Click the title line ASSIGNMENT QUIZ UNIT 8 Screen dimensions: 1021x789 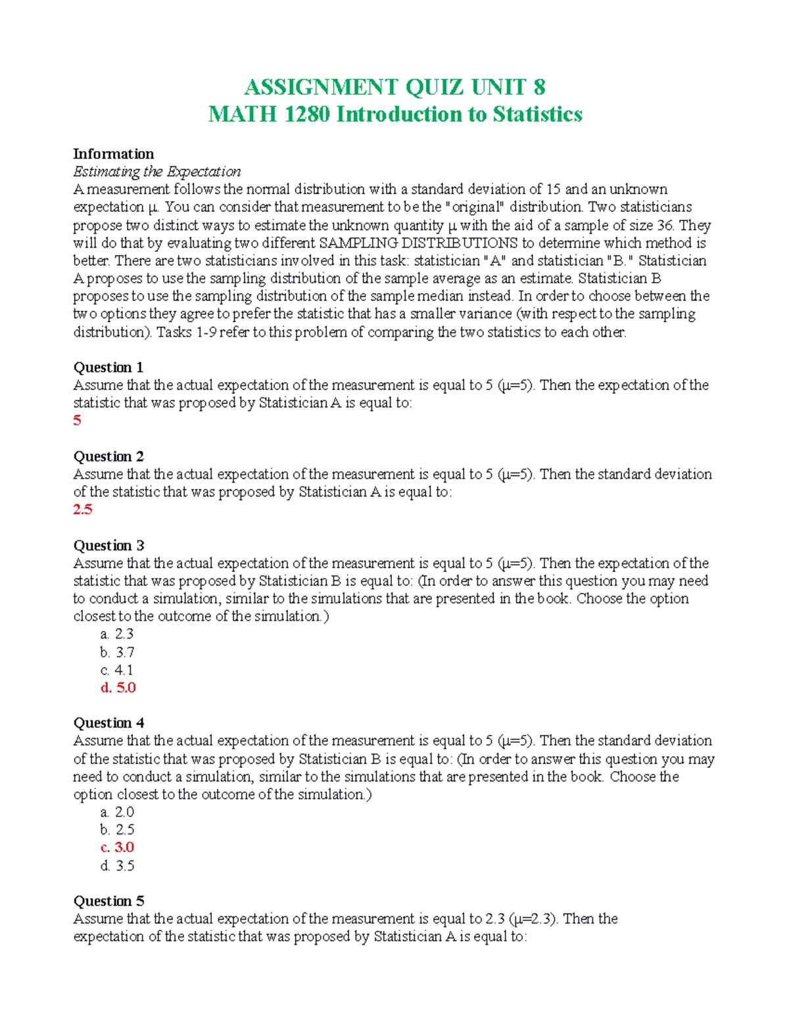pos(394,87)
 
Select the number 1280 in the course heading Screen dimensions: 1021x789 pos(307,114)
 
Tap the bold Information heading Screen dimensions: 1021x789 pos(113,154)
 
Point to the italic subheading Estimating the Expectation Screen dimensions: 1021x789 pos(156,172)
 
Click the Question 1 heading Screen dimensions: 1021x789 pos(108,367)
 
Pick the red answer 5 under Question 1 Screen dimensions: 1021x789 pos(77,420)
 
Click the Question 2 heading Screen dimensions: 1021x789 pos(108,456)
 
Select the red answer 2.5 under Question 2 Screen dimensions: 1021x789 pos(83,510)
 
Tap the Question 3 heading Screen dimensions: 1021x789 pos(108,545)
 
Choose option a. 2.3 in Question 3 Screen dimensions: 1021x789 pos(117,634)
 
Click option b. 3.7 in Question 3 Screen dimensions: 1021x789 pos(117,652)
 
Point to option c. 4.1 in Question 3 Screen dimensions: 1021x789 pos(117,670)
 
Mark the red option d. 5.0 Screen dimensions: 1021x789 pos(118,688)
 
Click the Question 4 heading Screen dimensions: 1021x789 pos(108,723)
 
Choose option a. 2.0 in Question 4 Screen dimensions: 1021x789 pos(117,812)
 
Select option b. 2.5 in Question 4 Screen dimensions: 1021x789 pos(117,830)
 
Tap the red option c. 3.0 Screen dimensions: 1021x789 pos(117,847)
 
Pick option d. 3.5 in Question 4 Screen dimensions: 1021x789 pos(117,866)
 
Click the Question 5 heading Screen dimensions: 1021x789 pos(108,901)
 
